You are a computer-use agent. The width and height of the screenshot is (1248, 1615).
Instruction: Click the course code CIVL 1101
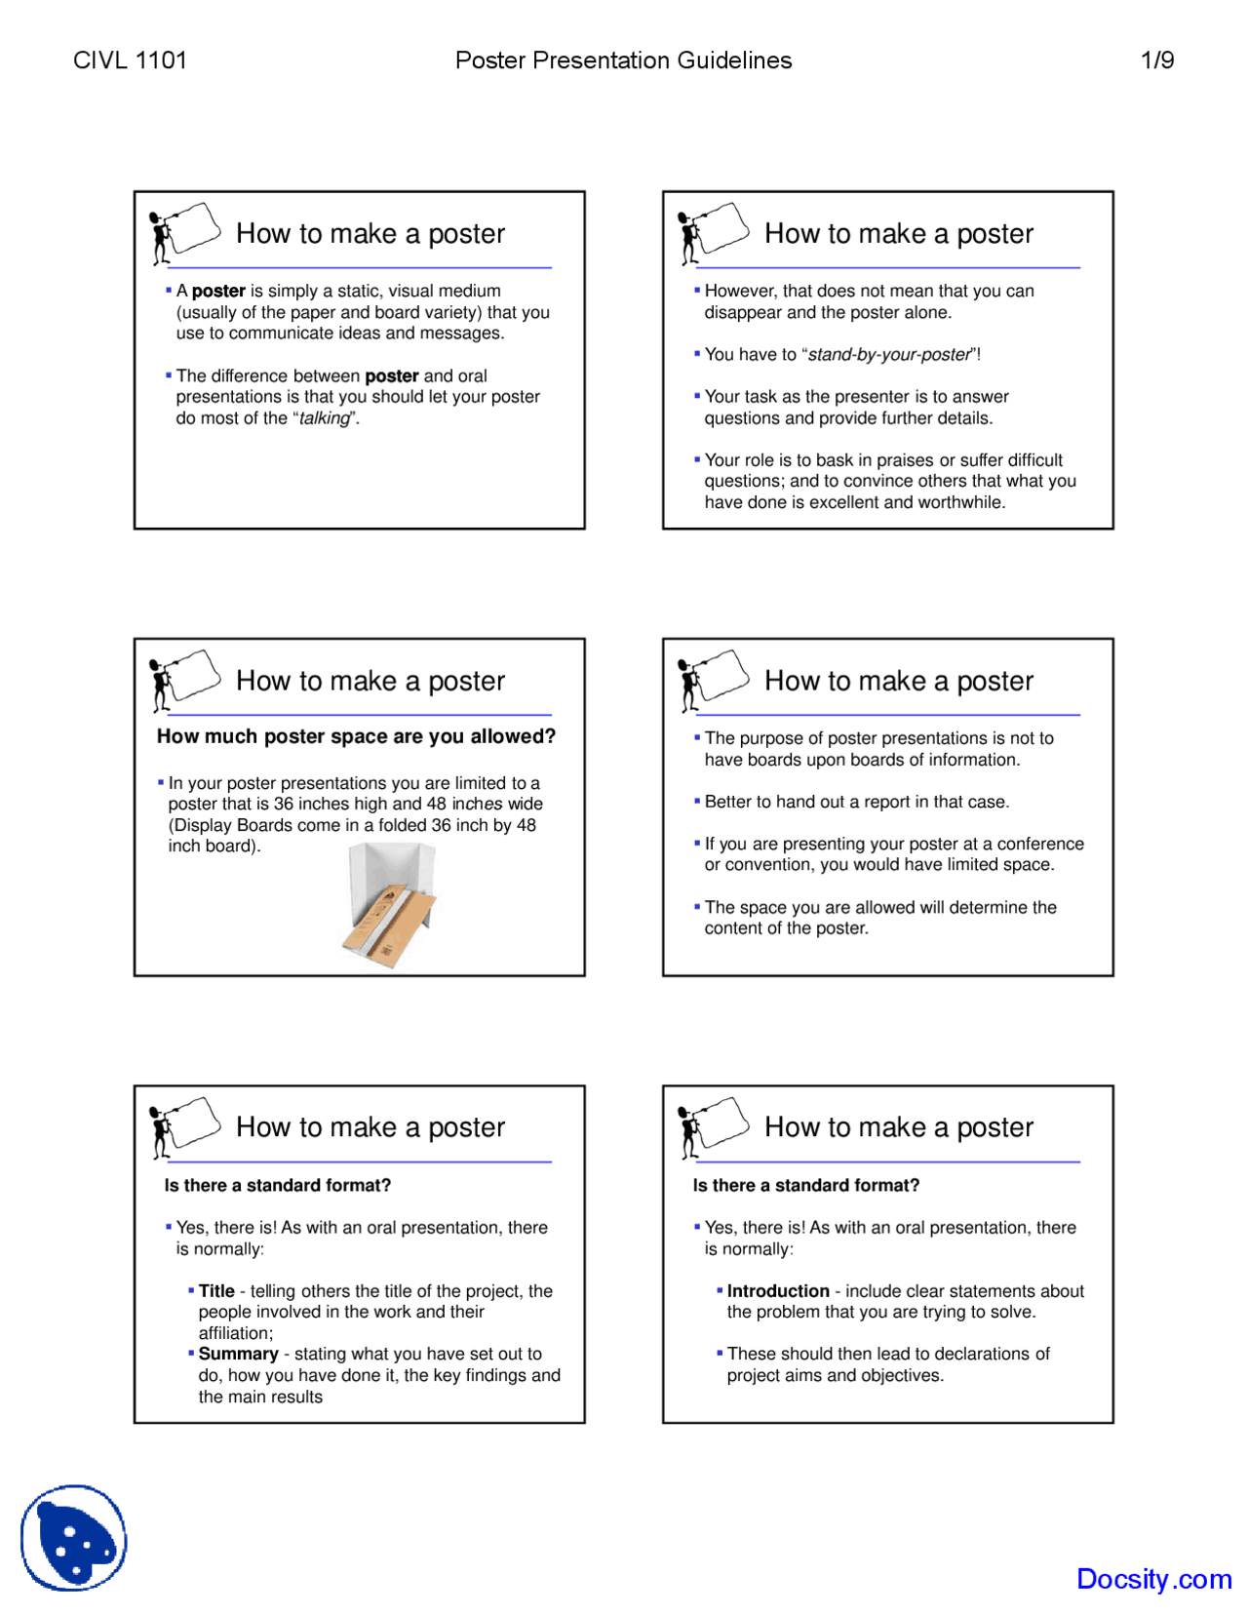pyautogui.click(x=130, y=60)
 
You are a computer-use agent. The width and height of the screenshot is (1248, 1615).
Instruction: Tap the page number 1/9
pyautogui.click(x=1156, y=60)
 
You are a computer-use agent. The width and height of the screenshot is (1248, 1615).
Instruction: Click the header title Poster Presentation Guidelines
pyautogui.click(x=623, y=60)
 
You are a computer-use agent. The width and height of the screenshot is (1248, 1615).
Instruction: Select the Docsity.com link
pyautogui.click(x=1153, y=1578)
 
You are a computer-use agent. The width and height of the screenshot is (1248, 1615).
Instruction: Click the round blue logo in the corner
pyautogui.click(x=74, y=1538)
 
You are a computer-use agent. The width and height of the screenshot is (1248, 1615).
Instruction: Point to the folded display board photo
pyautogui.click(x=390, y=906)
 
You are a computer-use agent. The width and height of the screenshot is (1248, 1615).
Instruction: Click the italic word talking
pyautogui.click(x=325, y=418)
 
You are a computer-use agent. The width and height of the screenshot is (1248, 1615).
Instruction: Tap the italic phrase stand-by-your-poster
pyautogui.click(x=889, y=355)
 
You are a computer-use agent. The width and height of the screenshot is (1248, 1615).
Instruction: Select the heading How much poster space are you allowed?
pyautogui.click(x=356, y=736)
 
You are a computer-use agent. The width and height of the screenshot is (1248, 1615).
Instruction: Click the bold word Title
pyautogui.click(x=216, y=1291)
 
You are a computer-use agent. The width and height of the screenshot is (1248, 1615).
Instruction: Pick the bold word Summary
pyautogui.click(x=238, y=1354)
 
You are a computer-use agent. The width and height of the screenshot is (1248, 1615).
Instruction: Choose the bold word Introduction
pyautogui.click(x=778, y=1291)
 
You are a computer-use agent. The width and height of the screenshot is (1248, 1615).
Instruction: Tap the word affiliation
pyautogui.click(x=235, y=1333)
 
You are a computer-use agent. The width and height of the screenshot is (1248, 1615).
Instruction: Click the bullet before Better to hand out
pyautogui.click(x=697, y=801)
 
